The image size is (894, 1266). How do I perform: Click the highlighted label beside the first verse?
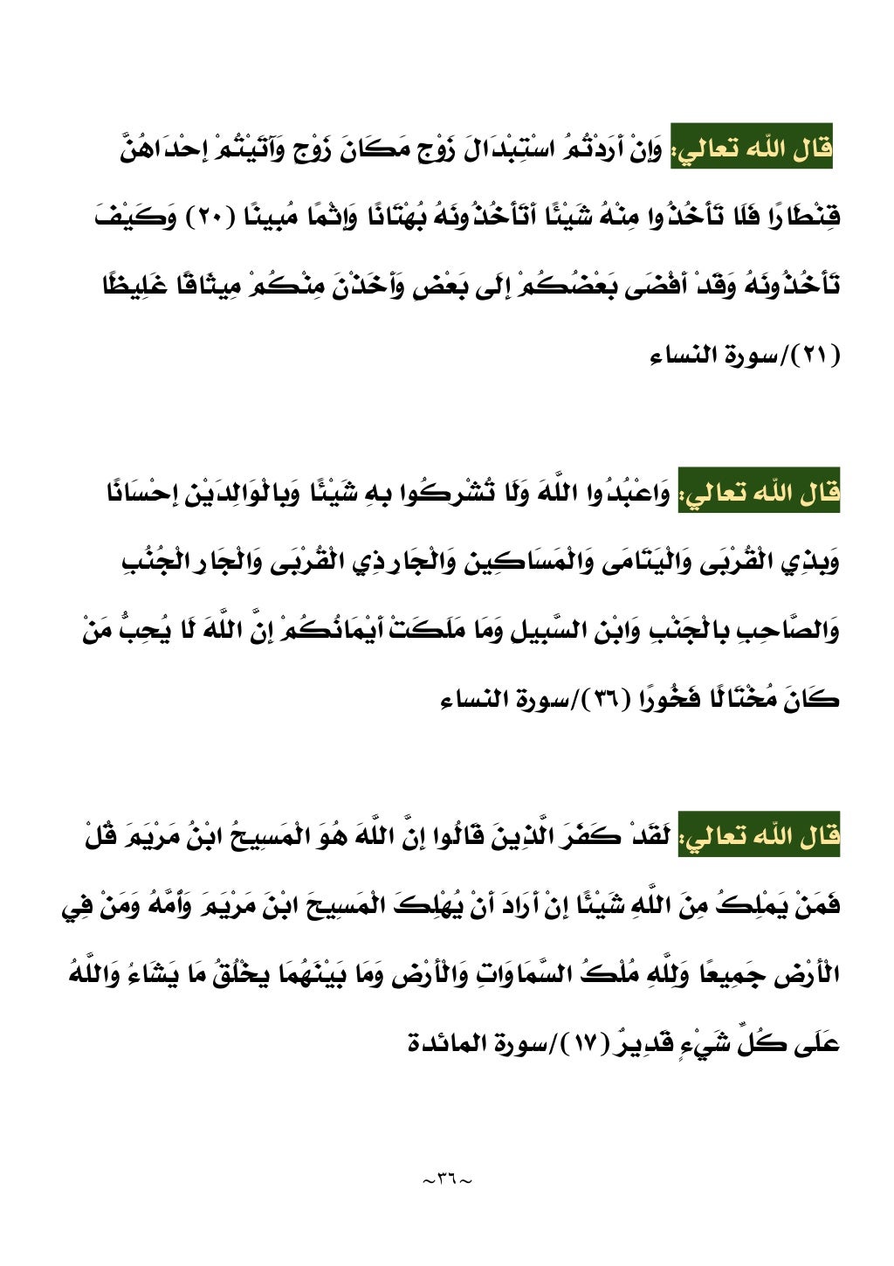pyautogui.click(x=752, y=149)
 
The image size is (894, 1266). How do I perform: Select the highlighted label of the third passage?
pyautogui.click(x=759, y=837)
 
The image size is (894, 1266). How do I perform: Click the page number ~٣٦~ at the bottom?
pyautogui.click(x=446, y=1180)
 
